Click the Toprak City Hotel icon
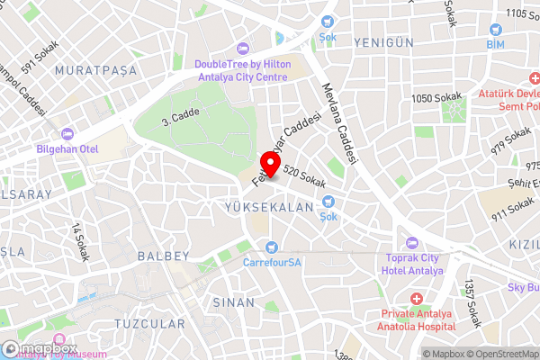[412, 242]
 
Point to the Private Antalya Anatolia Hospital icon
[416, 298]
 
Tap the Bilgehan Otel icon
[67, 134]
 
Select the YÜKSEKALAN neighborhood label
[267, 207]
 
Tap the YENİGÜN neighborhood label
[383, 42]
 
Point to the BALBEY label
[163, 256]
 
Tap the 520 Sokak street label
[303, 175]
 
